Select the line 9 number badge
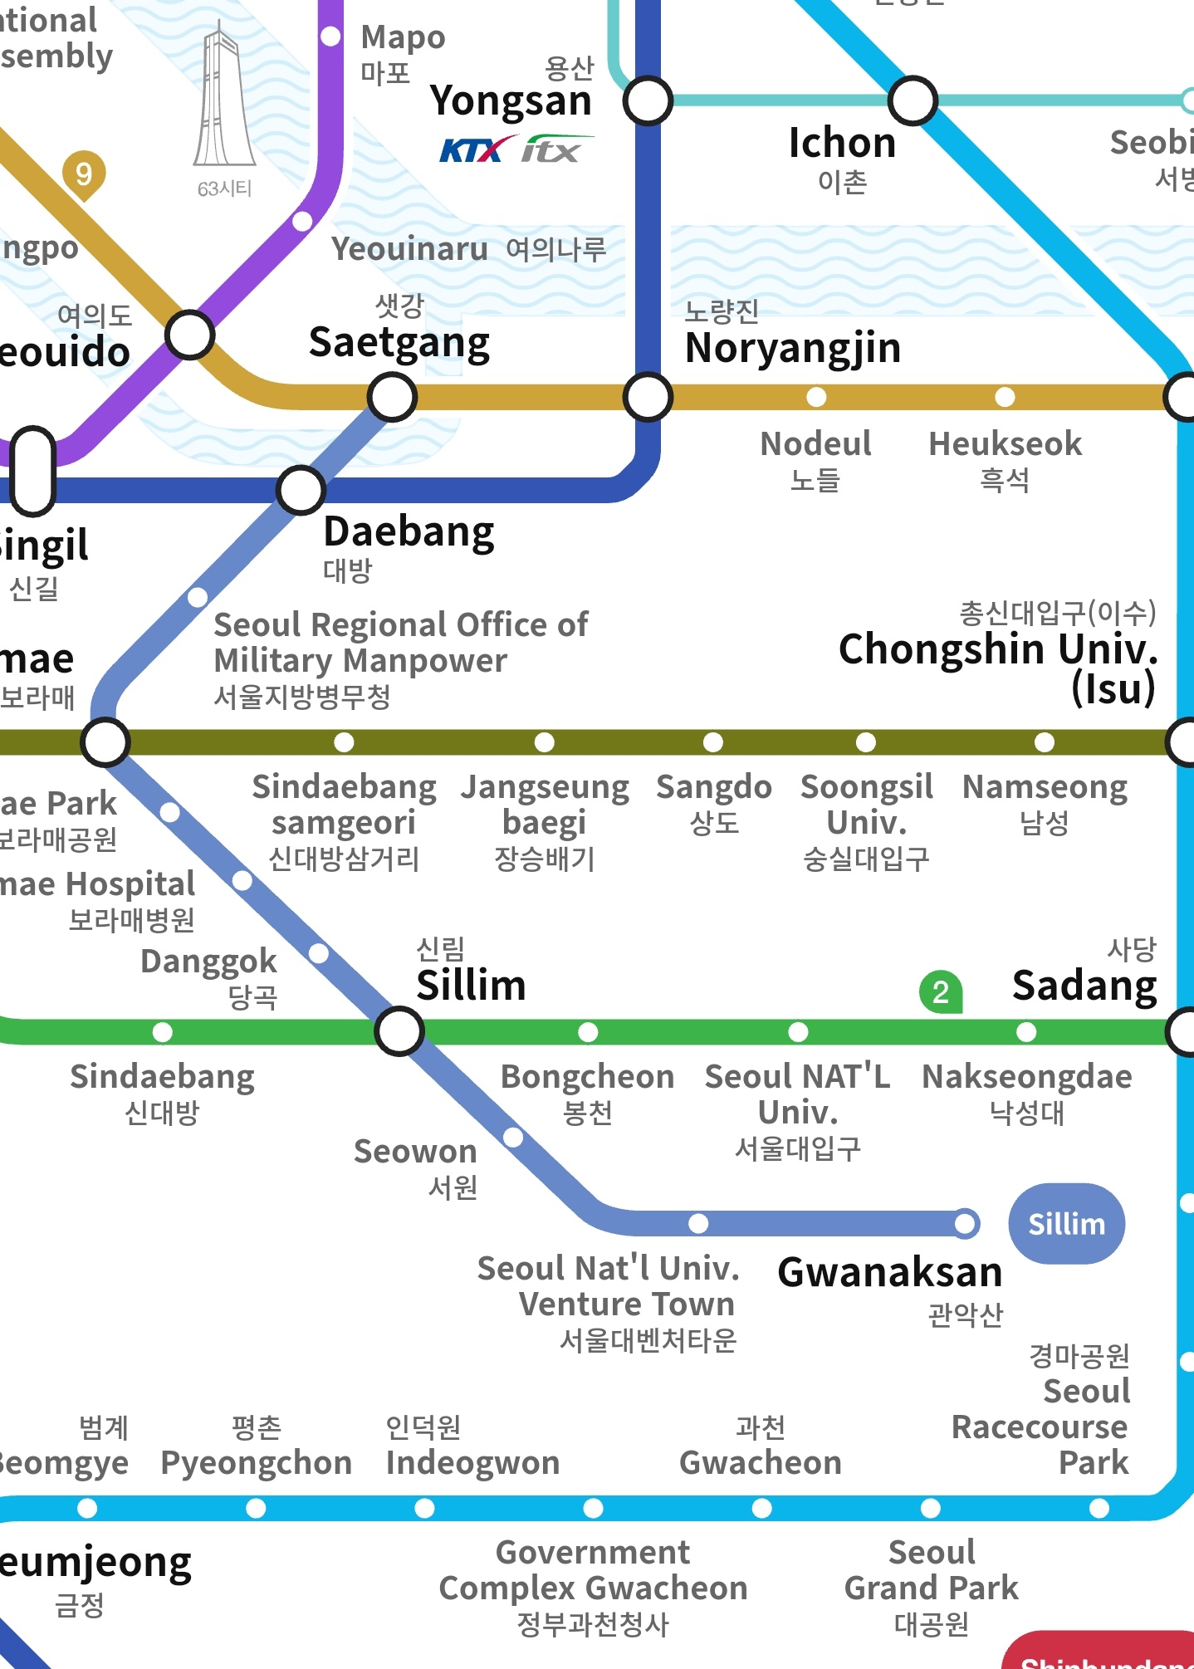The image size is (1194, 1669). coord(84,174)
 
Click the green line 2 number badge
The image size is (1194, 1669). coord(940,992)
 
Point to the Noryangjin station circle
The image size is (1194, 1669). coord(648,397)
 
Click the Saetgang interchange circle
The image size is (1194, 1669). coord(392,397)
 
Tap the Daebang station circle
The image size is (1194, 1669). coord(301,490)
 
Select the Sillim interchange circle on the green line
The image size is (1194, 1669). coord(399,1031)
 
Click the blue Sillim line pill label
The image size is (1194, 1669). coord(1066,1224)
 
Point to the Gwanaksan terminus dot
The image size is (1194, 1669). coord(965,1223)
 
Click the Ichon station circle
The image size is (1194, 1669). coord(913,100)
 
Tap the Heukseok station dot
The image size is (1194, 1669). coord(1005,397)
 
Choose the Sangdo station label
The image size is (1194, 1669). coord(713,801)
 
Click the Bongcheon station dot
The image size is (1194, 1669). coord(588,1032)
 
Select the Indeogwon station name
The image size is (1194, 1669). coord(472,1461)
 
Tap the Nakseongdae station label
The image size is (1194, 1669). coord(1027,1091)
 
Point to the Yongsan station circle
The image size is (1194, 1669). coord(648,100)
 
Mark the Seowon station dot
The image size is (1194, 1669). coord(513,1137)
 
